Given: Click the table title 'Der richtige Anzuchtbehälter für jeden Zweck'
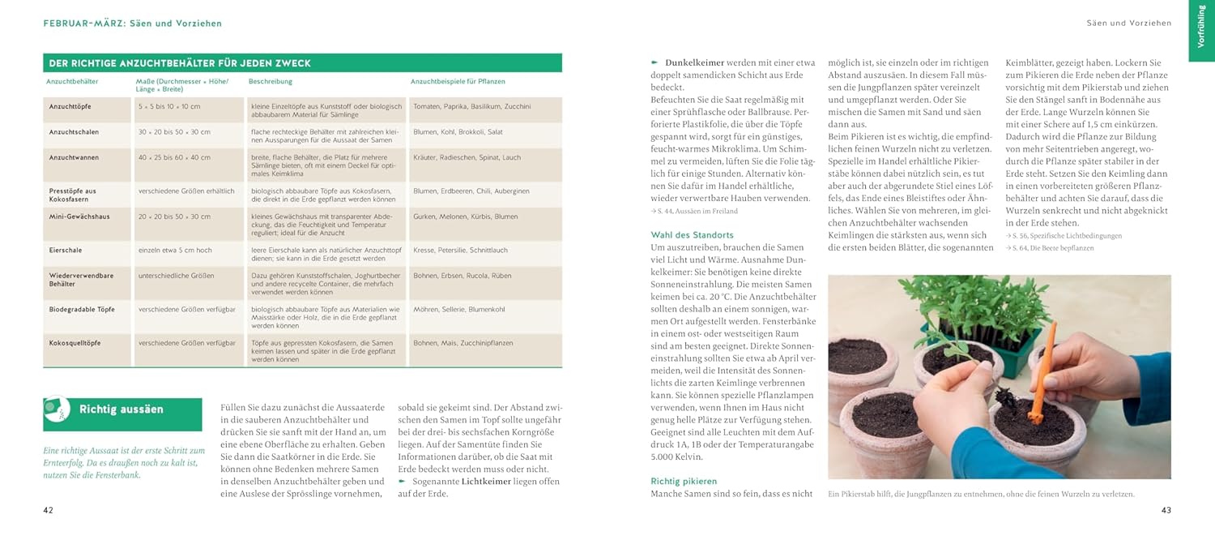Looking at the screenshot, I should click(180, 63).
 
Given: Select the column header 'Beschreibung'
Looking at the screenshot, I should click(271, 82).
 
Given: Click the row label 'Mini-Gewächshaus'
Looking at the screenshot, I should click(79, 217).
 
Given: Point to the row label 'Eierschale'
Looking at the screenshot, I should click(66, 251).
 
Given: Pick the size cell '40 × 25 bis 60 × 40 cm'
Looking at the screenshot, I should click(174, 157).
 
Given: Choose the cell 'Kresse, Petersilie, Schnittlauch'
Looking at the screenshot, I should click(460, 251).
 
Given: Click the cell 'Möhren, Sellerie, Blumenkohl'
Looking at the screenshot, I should click(458, 309).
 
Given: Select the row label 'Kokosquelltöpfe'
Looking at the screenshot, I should click(75, 343).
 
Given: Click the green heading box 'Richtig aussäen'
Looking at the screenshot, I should click(122, 410).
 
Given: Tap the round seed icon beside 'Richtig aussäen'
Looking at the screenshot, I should click(57, 409).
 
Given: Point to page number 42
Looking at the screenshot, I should click(48, 510).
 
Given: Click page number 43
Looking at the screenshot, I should click(1166, 510).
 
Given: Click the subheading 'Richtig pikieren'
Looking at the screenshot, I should click(684, 482).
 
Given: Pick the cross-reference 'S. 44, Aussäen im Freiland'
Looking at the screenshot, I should click(694, 212).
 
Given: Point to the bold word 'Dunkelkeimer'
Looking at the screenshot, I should click(693, 62).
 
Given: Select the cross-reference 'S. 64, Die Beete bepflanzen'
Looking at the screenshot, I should click(1049, 248).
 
